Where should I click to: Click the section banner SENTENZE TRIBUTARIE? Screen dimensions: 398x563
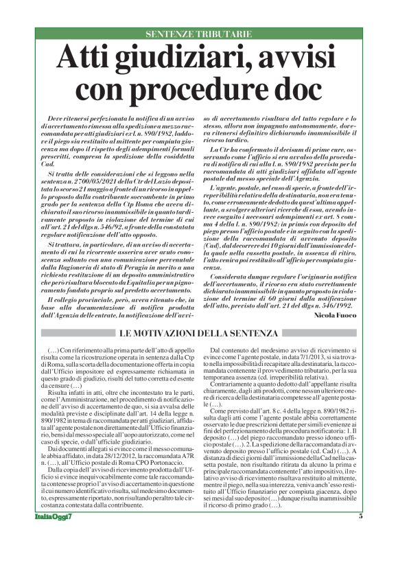199,34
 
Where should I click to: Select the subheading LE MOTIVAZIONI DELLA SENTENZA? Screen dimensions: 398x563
199,333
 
